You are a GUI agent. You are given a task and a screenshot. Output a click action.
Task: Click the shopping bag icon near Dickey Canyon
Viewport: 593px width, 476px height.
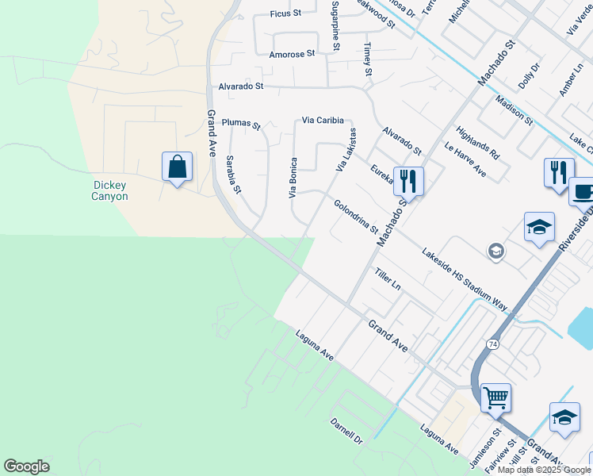point(177,167)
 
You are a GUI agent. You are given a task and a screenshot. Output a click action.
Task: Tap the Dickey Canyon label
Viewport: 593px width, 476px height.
point(109,191)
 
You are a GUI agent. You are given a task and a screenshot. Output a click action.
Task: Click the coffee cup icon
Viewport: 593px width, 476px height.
point(583,191)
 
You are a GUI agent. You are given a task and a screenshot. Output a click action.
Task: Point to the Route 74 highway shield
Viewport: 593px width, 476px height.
point(493,344)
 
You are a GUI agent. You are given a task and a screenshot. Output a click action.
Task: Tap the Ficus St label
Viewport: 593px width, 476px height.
point(286,13)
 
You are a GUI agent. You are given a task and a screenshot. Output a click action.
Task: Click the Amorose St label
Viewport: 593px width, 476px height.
point(292,54)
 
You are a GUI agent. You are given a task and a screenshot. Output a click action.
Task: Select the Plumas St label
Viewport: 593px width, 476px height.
point(241,124)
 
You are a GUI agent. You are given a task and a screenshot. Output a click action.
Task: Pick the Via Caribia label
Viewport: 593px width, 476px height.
point(323,121)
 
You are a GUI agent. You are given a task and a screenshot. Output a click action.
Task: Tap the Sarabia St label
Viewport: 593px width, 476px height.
point(232,175)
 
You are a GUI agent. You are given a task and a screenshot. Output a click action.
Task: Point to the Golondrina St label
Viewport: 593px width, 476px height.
point(356,216)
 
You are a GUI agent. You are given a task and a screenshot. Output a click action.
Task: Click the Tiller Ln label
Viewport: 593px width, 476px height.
point(388,278)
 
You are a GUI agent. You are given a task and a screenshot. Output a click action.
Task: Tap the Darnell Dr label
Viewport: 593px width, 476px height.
point(346,430)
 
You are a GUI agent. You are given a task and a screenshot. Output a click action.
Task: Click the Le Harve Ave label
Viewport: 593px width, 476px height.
point(465,159)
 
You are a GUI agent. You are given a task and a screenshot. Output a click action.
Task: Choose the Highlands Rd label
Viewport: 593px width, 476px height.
point(477,141)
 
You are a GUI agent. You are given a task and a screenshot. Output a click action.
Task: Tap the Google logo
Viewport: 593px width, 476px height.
point(26,466)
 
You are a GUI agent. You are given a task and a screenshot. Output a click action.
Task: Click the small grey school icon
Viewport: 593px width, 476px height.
point(496,251)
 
